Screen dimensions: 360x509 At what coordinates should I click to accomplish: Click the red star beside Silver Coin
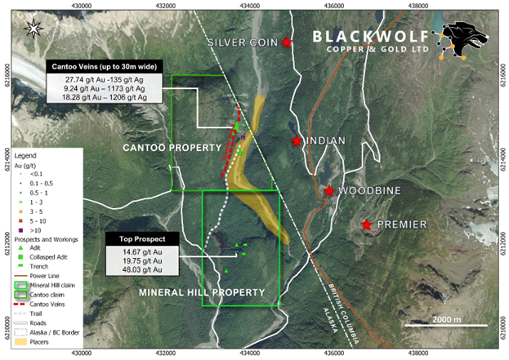pos(287,42)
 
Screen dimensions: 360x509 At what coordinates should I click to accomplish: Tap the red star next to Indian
pos(297,141)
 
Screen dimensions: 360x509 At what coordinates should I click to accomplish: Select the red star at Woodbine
pos(328,191)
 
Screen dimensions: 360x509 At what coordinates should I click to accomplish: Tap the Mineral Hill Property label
pos(214,291)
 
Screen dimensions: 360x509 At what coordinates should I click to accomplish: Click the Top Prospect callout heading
pos(136,239)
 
